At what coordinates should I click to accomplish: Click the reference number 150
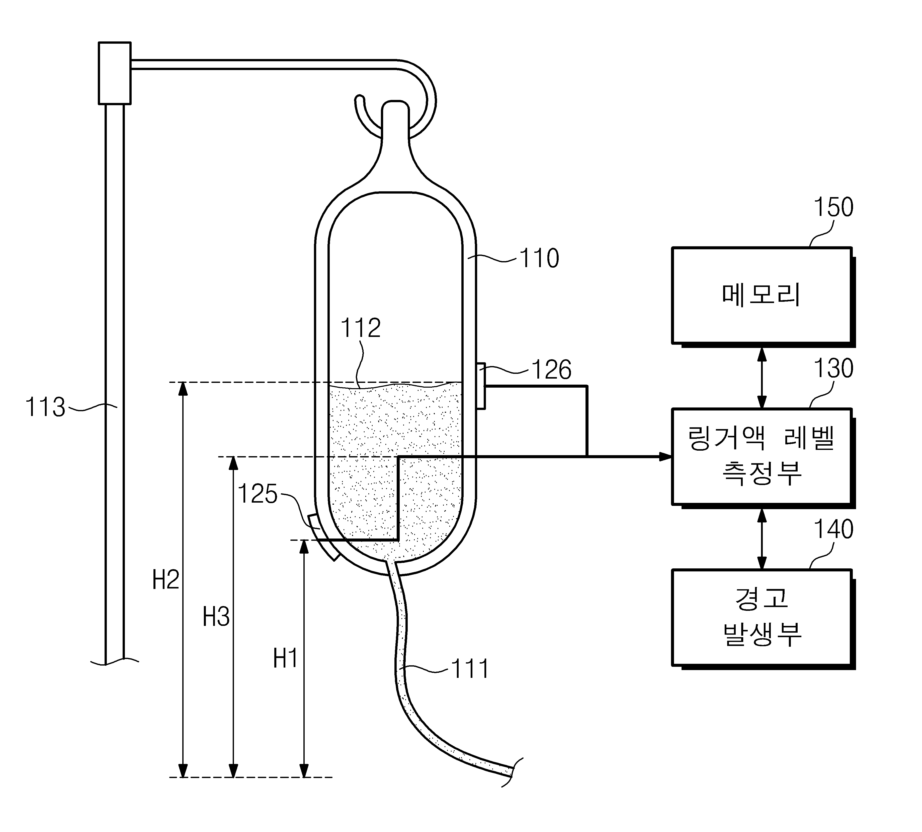(833, 207)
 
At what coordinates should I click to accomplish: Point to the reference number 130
(833, 368)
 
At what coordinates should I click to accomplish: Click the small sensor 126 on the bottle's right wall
(480, 386)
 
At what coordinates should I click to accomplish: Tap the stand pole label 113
(45, 407)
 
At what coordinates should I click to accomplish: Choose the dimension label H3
(216, 617)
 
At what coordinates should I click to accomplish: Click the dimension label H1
(285, 659)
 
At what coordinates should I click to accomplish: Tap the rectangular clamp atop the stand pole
(115, 73)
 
